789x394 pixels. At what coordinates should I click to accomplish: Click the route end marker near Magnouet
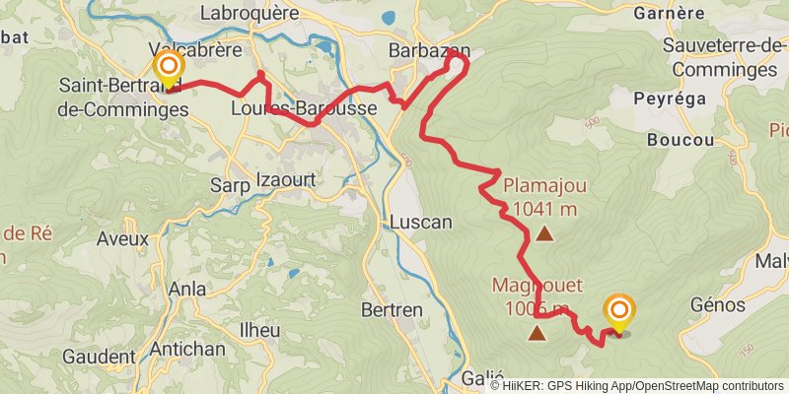point(619,313)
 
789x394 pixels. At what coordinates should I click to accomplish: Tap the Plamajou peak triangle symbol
point(544,234)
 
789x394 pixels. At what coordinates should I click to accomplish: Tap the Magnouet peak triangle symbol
point(537,333)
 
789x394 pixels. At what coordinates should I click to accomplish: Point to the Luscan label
point(420,222)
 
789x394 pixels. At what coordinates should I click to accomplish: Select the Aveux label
point(122,238)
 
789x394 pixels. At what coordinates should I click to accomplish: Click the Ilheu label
point(259,330)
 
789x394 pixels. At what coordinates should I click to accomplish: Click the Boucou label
point(681,140)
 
